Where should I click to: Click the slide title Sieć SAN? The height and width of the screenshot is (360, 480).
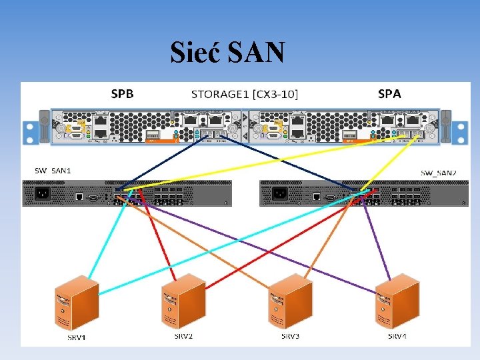[228, 52]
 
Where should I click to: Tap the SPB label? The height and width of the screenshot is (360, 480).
[122, 94]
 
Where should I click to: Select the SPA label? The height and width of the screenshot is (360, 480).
[389, 94]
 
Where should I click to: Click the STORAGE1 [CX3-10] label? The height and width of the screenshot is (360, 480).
[245, 94]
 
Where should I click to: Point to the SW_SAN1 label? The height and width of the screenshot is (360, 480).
[53, 171]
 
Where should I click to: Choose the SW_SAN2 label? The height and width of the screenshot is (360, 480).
[438, 173]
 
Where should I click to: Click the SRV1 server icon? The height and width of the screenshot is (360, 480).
[77, 303]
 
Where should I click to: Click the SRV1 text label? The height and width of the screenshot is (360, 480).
[77, 337]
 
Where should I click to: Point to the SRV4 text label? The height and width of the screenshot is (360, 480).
[397, 336]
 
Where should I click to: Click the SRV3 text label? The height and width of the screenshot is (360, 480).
[290, 336]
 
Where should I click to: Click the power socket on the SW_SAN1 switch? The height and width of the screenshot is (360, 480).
[41, 194]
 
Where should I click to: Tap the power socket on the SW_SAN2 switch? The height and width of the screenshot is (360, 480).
[280, 194]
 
